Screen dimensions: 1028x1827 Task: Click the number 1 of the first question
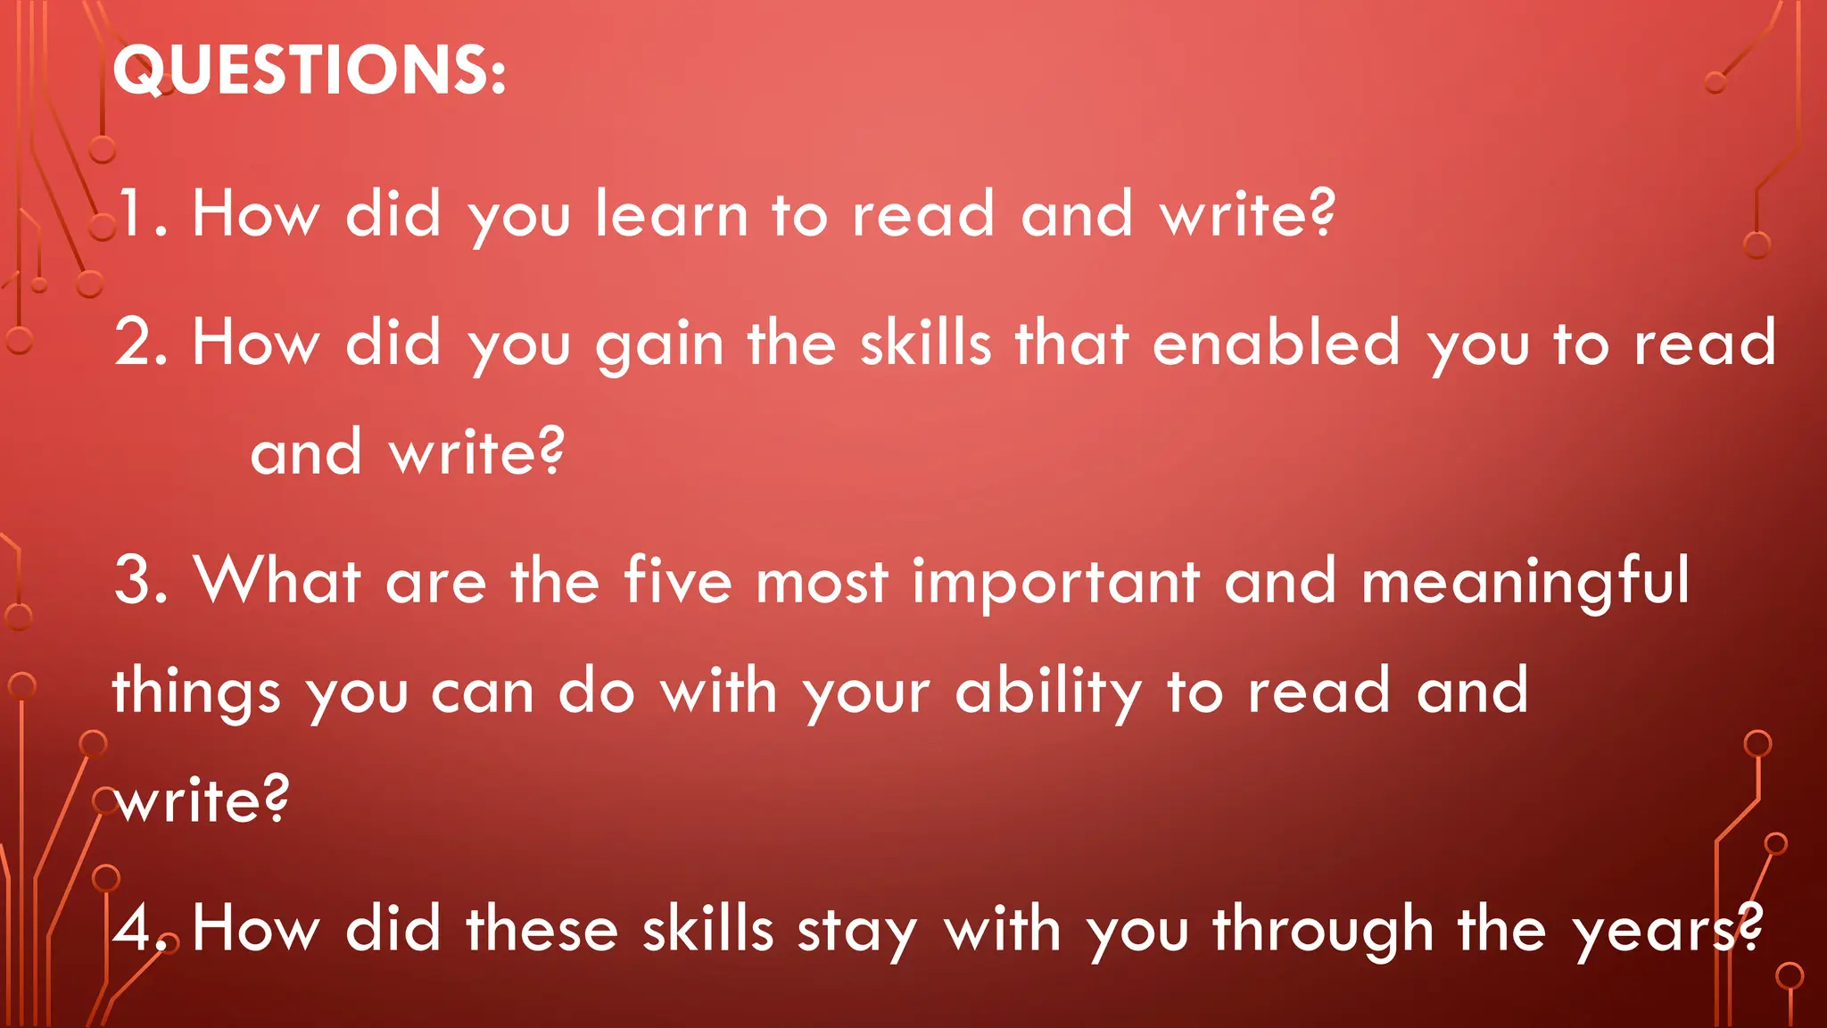[x=134, y=214]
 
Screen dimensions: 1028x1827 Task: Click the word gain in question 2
[x=659, y=346]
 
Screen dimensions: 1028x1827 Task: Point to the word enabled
[x=1277, y=343]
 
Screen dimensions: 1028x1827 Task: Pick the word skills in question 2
[x=925, y=343]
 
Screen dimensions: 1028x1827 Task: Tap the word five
[x=678, y=581]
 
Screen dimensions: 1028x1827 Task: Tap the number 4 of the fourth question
[x=134, y=929]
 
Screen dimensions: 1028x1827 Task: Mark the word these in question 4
[x=542, y=929]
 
